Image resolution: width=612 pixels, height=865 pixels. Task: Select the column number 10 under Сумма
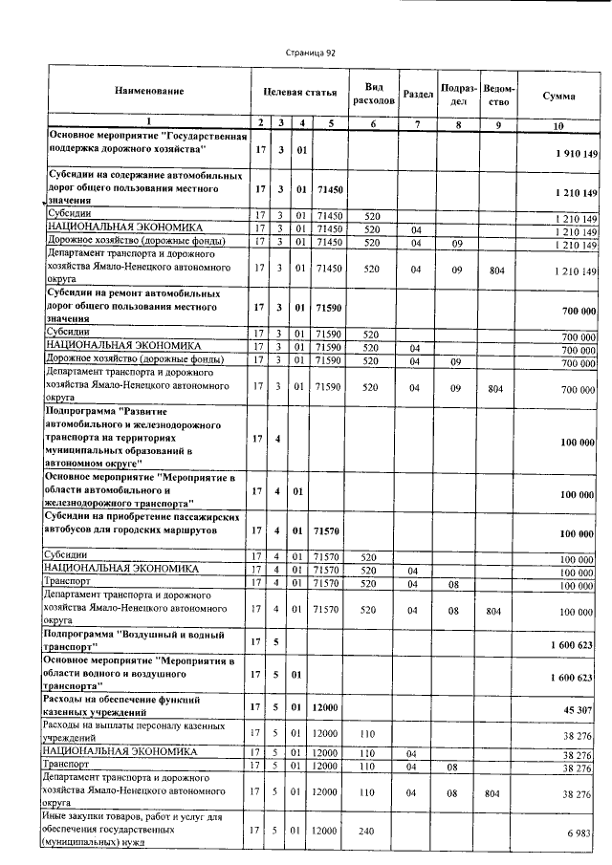click(x=558, y=125)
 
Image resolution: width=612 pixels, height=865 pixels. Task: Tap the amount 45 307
click(x=580, y=710)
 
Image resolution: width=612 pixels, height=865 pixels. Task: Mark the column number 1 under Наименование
click(x=148, y=122)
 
